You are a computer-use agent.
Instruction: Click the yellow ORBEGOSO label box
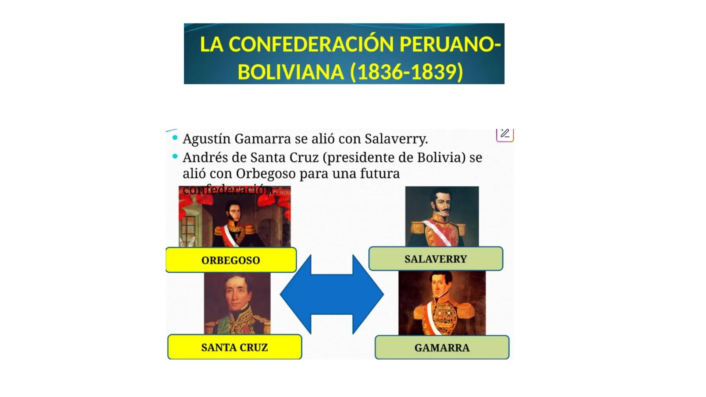coord(231,260)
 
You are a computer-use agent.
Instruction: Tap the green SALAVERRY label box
coord(436,259)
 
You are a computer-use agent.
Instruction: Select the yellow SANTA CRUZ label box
coord(235,347)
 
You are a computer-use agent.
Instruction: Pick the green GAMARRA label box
coord(442,347)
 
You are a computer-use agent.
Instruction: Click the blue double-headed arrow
coord(332,294)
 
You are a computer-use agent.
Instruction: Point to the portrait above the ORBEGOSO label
coord(235,217)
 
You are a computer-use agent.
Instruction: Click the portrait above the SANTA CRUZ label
coord(237,303)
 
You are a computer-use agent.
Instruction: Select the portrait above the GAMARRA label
coord(442,303)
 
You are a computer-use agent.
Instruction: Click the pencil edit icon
coord(505,134)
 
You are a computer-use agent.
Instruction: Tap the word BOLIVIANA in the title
coord(290,72)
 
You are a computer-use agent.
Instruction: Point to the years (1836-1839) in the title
coord(406,72)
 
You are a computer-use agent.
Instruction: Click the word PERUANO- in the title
coord(450,44)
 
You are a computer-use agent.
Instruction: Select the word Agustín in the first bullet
coord(206,139)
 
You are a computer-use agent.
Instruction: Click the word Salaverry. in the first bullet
coord(396,139)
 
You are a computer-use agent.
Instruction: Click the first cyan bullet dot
coord(175,138)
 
